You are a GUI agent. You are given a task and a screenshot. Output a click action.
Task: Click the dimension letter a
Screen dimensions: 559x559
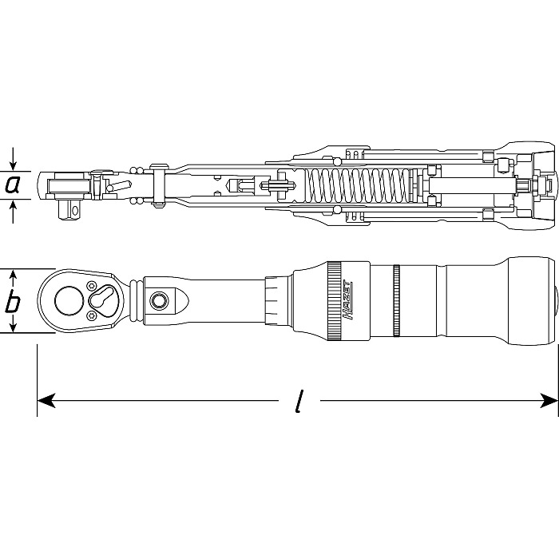tap(13, 184)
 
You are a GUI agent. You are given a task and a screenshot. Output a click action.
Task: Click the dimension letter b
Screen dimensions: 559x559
tap(13, 303)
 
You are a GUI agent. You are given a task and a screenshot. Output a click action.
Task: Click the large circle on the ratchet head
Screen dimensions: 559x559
tap(67, 302)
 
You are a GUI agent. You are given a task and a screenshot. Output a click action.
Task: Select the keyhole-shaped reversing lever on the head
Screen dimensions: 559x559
tap(104, 301)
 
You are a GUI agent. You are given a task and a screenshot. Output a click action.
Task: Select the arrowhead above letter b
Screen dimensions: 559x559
tap(13, 277)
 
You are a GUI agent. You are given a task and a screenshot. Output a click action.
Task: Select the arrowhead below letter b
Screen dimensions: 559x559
tap(13, 329)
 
